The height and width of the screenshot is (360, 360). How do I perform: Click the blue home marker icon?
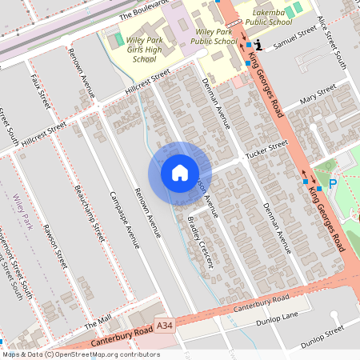click(x=180, y=173)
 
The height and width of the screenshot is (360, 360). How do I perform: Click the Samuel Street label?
click(x=290, y=47)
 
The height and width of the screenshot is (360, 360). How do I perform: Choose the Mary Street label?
click(x=314, y=101)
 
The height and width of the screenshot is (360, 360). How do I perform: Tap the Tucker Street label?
click(x=266, y=150)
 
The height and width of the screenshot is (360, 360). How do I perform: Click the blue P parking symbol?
click(x=333, y=184)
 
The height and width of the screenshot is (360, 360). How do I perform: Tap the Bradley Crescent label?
click(x=201, y=242)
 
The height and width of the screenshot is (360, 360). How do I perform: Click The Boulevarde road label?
click(x=141, y=11)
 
